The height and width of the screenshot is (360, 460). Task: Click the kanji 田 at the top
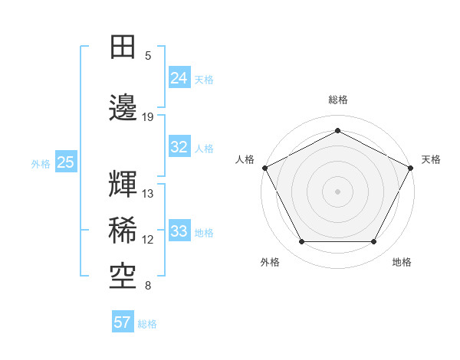[123, 47]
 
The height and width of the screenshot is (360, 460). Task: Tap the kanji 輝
[123, 185]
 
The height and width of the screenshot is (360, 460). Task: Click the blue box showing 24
[179, 77]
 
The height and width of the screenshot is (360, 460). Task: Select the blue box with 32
[179, 147]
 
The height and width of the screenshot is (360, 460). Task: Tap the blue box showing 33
[179, 231]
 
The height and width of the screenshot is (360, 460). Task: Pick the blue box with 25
[65, 162]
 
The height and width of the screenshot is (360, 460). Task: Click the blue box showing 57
[122, 322]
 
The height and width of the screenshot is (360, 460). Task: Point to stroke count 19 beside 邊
[148, 117]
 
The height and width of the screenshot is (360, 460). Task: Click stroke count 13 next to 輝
[148, 194]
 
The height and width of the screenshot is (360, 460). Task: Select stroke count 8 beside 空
[148, 286]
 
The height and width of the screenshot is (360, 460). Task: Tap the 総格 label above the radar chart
[337, 100]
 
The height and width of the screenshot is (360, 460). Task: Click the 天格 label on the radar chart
[431, 159]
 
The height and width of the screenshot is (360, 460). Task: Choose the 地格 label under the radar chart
[402, 262]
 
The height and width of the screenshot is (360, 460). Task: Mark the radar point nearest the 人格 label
[264, 167]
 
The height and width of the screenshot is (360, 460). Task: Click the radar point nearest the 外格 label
[301, 241]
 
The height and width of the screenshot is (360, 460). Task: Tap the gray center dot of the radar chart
[337, 191]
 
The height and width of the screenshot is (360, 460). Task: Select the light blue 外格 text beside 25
[41, 163]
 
